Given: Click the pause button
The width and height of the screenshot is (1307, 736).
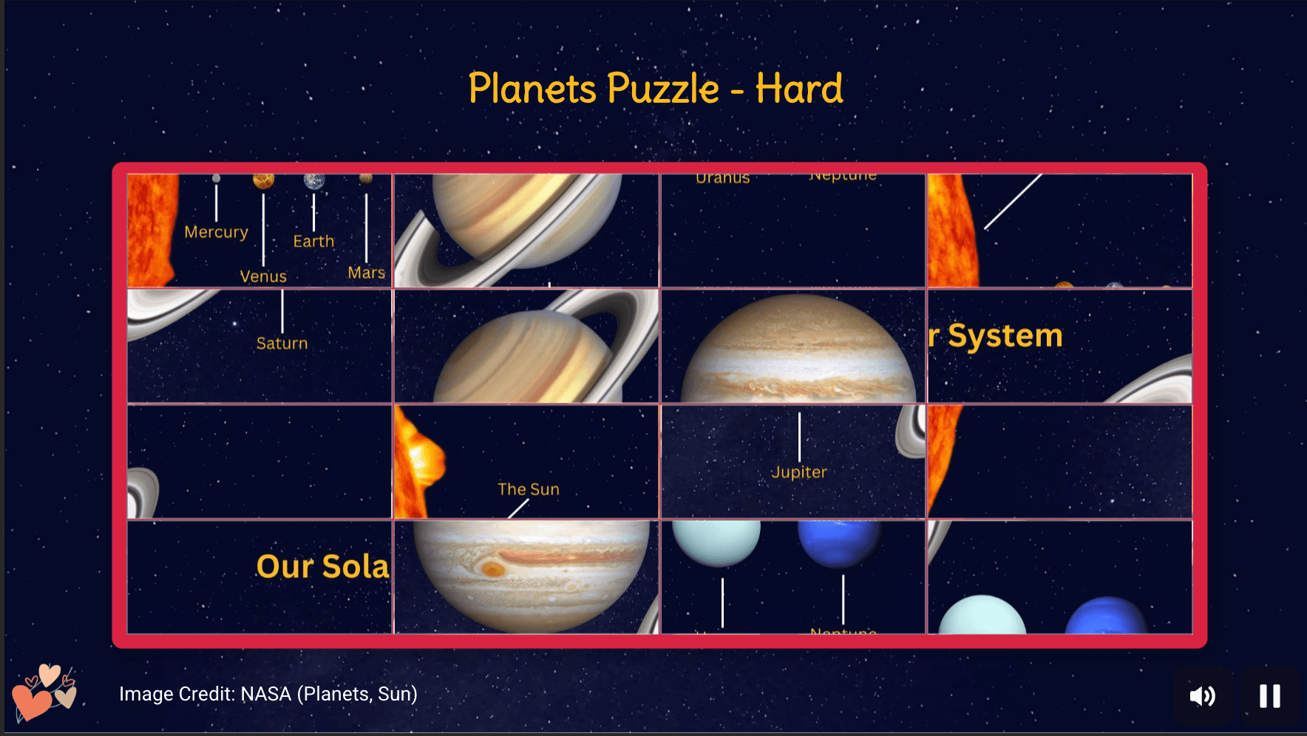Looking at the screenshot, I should tap(1269, 695).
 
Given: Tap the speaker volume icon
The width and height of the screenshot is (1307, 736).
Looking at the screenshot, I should tap(1202, 695).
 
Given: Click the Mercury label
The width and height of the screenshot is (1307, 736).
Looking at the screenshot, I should tap(216, 232).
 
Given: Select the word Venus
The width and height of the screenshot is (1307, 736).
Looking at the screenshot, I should tap(263, 276).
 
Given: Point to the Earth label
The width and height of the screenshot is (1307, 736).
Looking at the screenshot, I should tap(313, 241).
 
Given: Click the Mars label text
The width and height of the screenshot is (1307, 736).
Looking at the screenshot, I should tap(366, 273).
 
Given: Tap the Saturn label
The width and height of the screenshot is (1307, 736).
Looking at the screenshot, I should tap(282, 343).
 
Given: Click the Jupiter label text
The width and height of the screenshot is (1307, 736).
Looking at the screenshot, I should tap(798, 472).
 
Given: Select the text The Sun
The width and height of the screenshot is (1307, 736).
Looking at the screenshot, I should tap(528, 489).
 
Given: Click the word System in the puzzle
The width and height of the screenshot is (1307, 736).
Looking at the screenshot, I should tap(1005, 335).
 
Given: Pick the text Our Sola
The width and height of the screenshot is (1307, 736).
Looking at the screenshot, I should tap(322, 567).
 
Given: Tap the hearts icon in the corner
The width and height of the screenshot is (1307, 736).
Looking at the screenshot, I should tap(44, 692).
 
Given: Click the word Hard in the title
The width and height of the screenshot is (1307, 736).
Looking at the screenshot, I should tap(798, 89).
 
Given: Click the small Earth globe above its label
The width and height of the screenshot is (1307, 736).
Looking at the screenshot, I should tap(314, 182).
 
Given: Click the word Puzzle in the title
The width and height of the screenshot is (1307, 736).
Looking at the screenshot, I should tap(663, 89).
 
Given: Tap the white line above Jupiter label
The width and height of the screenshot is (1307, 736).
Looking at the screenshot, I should tap(799, 436).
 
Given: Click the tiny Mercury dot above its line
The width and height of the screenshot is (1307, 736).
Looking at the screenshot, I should tap(216, 178).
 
